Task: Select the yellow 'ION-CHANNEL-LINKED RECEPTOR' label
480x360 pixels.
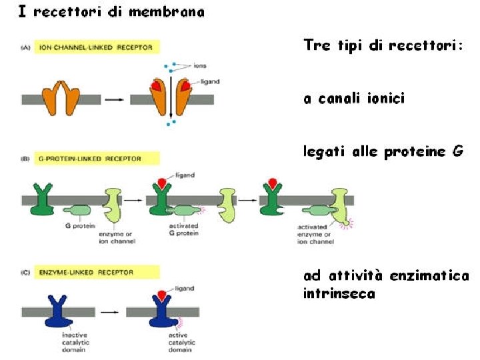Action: [x=95, y=47]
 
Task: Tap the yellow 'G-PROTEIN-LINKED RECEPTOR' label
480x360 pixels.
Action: [x=95, y=159]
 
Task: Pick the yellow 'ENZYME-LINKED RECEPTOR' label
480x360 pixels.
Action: [x=95, y=272]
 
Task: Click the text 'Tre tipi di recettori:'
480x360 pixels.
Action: [x=383, y=46]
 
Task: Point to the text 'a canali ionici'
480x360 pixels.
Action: [x=353, y=99]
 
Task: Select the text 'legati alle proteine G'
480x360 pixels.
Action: [x=383, y=152]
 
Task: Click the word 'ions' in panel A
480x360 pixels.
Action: [x=199, y=66]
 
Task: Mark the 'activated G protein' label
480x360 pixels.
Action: [x=183, y=230]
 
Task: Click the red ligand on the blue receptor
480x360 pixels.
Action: [x=161, y=295]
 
